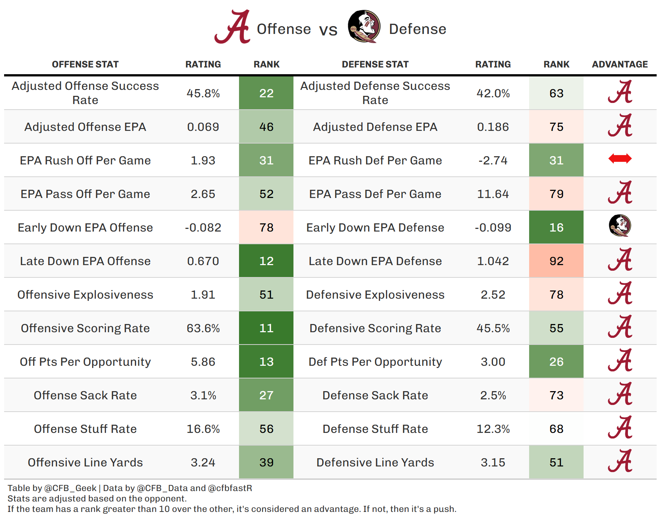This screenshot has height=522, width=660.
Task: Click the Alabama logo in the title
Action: (232, 27)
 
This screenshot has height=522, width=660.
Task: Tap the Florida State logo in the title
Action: (364, 26)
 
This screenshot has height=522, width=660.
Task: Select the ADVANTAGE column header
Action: (620, 65)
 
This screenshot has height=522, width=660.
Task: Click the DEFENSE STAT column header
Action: (375, 65)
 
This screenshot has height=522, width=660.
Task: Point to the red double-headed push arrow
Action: (620, 159)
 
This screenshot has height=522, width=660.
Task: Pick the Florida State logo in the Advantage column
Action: (620, 226)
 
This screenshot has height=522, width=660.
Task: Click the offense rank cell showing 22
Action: (266, 93)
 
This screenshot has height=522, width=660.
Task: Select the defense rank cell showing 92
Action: (556, 261)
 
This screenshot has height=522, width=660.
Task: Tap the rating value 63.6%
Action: (203, 328)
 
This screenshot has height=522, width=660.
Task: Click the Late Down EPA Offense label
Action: (85, 261)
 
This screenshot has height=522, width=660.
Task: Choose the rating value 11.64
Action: (493, 194)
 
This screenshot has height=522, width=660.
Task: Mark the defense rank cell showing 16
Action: (556, 227)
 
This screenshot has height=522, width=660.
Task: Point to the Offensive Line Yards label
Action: (85, 462)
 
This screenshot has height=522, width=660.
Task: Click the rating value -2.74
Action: (493, 160)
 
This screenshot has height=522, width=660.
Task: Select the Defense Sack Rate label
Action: (375, 395)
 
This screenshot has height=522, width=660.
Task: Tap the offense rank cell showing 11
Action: (266, 328)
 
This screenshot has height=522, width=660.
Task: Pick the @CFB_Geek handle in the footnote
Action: (70, 488)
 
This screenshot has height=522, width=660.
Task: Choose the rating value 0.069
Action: (203, 127)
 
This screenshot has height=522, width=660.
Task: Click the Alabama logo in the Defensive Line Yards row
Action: (620, 460)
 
